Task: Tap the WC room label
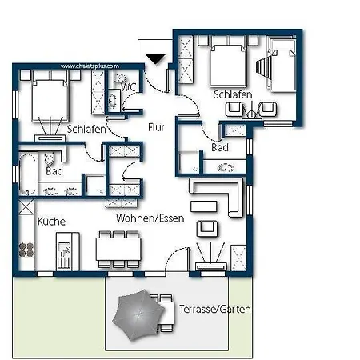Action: click(128, 86)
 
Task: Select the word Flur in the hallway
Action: click(156, 126)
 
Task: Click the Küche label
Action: click(50, 221)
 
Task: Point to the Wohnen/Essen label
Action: click(150, 218)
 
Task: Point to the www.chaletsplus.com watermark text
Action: click(90, 66)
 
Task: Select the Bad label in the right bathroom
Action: click(220, 149)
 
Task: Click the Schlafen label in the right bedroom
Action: click(234, 94)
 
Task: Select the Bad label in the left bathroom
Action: click(54, 171)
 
